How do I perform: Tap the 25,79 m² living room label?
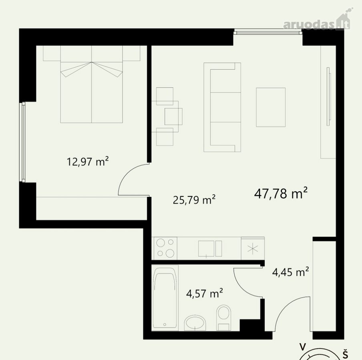point(194,200)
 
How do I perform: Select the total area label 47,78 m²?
point(281,193)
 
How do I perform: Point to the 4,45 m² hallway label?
point(291,272)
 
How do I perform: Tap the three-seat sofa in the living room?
point(222,107)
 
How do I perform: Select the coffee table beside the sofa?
point(271,107)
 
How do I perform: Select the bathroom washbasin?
point(195,323)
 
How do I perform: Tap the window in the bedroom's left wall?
point(23,142)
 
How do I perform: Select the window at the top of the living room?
point(268,32)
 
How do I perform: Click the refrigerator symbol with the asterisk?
point(253,249)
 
